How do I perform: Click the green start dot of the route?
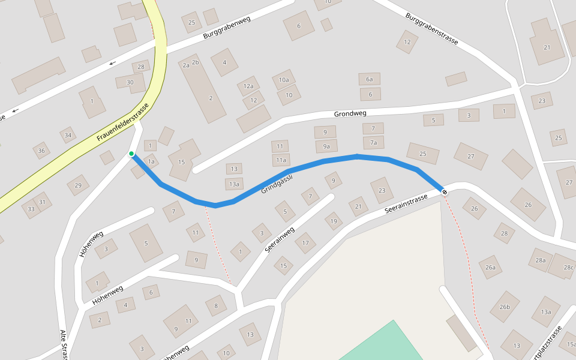[x=131, y=154]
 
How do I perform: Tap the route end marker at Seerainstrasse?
[x=445, y=191]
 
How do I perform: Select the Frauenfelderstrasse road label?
[x=122, y=123]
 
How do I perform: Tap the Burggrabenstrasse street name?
[x=431, y=28]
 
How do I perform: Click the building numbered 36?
[x=41, y=150]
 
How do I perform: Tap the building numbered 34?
[x=68, y=135]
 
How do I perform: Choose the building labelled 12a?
[x=248, y=86]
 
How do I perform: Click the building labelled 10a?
[x=284, y=79]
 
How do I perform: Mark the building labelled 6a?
[x=370, y=79]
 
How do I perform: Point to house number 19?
[x=334, y=221]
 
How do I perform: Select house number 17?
[x=305, y=242]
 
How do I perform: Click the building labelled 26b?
[x=505, y=307]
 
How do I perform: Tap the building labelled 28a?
[x=541, y=260]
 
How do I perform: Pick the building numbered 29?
[x=78, y=185]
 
